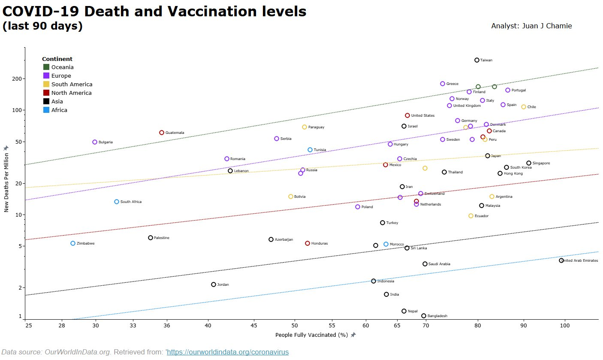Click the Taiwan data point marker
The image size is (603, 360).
tap(476, 60)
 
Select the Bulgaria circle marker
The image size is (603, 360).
tap(95, 142)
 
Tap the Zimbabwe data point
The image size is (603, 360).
tap(73, 243)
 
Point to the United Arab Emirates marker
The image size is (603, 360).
tap(561, 260)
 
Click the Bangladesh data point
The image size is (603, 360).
tap(424, 316)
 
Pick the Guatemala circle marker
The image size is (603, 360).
tap(162, 133)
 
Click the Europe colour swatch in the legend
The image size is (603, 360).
tap(46, 76)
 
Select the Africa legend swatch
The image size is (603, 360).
tap(46, 110)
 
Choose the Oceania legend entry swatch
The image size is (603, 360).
tap(46, 67)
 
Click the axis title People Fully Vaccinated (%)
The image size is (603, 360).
tap(311, 335)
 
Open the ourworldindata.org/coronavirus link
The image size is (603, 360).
tap(227, 352)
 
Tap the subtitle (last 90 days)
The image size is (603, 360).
tap(42, 26)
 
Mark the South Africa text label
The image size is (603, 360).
tap(131, 202)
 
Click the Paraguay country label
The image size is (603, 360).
tap(316, 127)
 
